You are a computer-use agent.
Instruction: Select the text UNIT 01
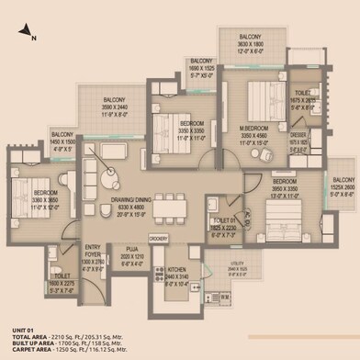pyautogui.click(x=22, y=330)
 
